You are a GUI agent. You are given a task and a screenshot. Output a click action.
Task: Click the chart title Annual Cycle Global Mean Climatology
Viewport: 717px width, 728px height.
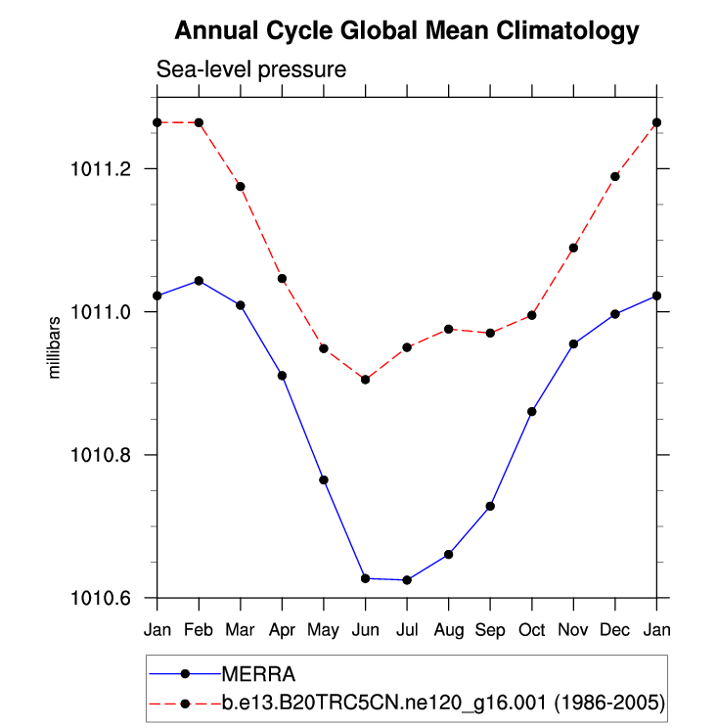(x=406, y=31)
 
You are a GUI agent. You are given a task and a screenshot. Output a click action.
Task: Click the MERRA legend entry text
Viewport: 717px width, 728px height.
(x=259, y=673)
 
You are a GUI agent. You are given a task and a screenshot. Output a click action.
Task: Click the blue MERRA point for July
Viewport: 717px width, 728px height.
(x=407, y=580)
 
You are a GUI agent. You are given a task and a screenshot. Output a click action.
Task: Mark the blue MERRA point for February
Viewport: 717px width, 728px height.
(x=199, y=281)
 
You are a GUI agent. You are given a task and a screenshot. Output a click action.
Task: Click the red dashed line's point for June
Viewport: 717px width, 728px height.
(x=365, y=379)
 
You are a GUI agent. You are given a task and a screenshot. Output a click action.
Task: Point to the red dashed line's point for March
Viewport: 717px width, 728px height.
(x=241, y=186)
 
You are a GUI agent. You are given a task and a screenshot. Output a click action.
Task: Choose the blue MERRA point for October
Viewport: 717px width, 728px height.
(x=531, y=411)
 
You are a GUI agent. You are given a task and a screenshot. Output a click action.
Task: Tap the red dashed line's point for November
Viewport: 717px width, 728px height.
(x=573, y=248)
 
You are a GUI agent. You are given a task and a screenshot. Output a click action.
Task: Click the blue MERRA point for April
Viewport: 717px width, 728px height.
(x=282, y=376)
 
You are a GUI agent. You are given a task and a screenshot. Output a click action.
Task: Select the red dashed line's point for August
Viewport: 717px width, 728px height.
(x=448, y=329)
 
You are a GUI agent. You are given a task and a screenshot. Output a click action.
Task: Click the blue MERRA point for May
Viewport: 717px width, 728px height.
(x=324, y=479)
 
